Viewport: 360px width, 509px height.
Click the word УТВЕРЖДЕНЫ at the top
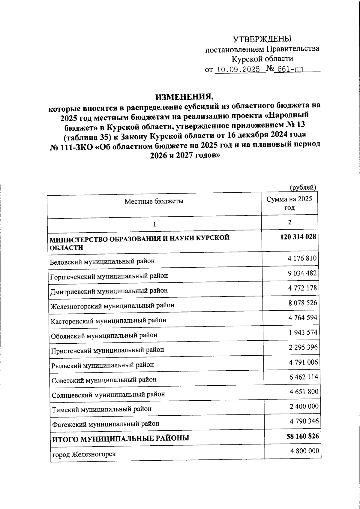point(262,39)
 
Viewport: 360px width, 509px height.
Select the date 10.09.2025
point(238,70)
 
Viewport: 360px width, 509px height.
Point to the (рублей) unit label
point(303,187)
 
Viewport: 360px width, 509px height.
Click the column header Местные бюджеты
point(154,201)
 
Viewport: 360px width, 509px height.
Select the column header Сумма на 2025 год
point(289,203)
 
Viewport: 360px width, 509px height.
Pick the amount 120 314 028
point(298,237)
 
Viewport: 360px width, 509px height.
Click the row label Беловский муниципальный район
point(103,261)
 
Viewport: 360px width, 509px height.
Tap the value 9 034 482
point(302,273)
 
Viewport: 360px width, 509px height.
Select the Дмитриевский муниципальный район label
point(109,291)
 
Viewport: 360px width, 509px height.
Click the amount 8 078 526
point(303,303)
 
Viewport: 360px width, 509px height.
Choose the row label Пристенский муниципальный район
point(107,350)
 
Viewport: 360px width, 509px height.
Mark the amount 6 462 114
point(304,377)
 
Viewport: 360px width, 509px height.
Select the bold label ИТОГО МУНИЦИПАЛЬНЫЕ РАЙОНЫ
point(121,438)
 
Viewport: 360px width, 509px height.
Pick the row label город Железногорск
point(84,454)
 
